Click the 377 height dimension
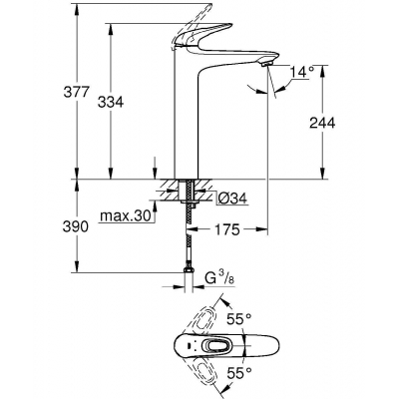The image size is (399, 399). pos(77,92)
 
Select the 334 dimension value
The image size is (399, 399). pos(111,102)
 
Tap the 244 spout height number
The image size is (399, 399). pos(322,123)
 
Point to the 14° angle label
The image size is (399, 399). pos(302,72)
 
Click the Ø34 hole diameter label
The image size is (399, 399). pos(232,199)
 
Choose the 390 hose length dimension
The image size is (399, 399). pos(76,226)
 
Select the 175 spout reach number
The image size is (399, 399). pos(226,229)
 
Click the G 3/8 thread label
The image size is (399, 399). pos(219,278)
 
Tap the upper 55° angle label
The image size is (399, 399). pos(239,320)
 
